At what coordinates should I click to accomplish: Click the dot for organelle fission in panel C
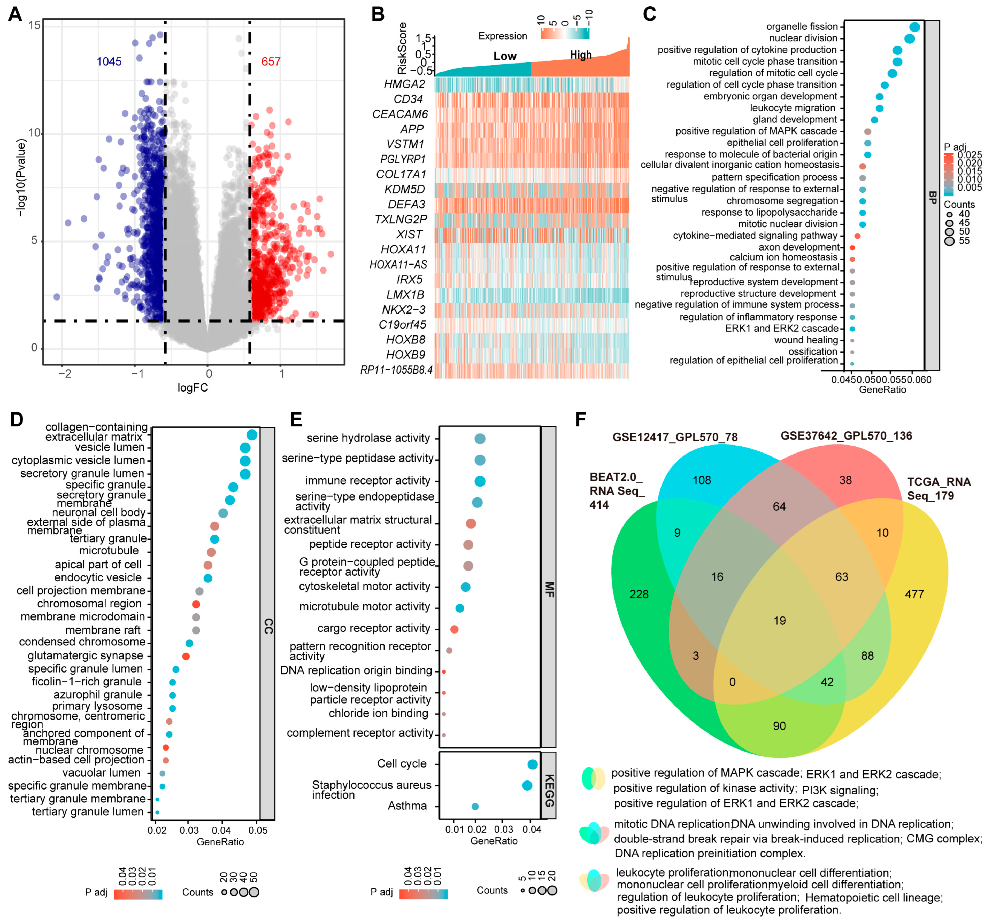pos(915,27)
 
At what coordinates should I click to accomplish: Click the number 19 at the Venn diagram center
pos(779,620)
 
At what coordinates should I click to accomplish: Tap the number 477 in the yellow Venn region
pos(914,594)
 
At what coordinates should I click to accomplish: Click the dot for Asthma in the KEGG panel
pos(475,806)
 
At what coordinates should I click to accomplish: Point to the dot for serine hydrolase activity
pos(480,439)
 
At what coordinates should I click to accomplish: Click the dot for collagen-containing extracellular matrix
pos(252,435)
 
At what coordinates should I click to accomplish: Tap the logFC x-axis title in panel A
pos(193,387)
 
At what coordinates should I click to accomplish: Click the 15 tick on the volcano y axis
pos(34,25)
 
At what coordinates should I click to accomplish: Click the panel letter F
pos(580,419)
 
